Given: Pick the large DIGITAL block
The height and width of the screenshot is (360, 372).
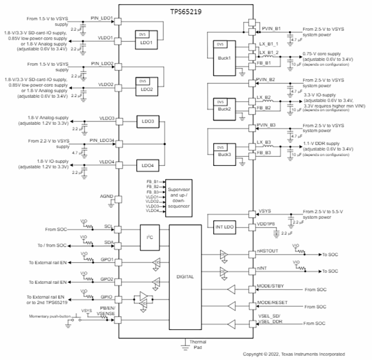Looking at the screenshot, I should (x=185, y=276).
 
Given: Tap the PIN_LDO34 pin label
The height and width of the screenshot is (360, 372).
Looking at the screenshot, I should (x=102, y=140).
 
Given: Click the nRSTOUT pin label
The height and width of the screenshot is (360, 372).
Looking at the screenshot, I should (x=268, y=251).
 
